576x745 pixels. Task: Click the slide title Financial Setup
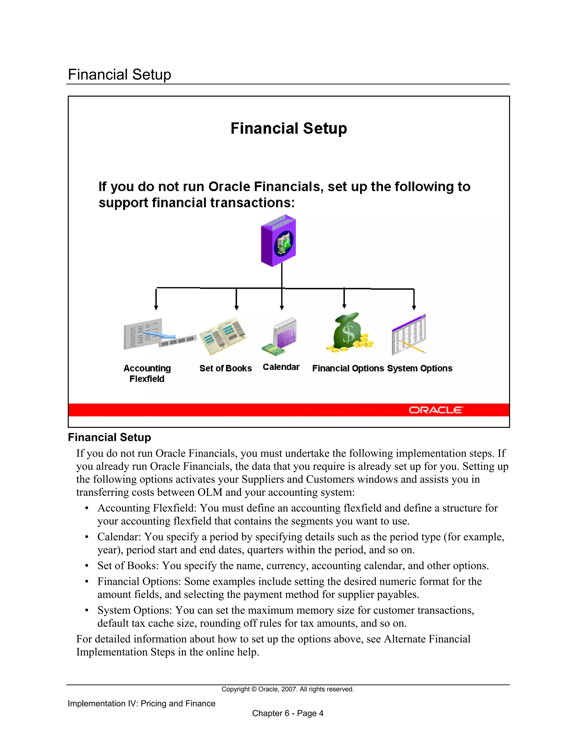[x=289, y=128]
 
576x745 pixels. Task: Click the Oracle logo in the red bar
[x=435, y=410]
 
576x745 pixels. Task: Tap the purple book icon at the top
[x=278, y=240]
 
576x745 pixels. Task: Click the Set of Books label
[x=226, y=368]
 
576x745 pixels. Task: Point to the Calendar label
[x=281, y=367]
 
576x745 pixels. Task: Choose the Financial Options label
[x=348, y=368]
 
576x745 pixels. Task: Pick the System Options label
[x=420, y=368]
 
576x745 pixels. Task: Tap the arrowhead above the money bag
[x=344, y=306]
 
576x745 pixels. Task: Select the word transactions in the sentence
[x=252, y=203]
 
